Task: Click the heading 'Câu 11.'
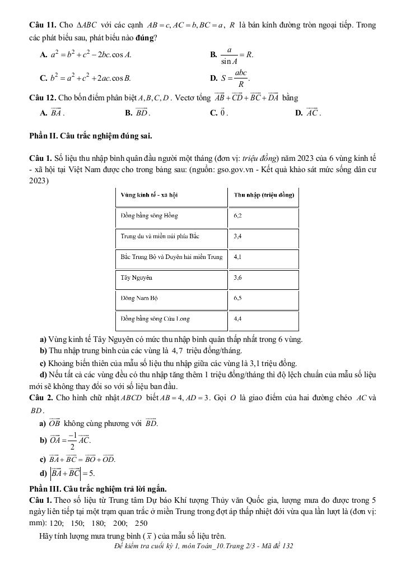(x=43, y=26)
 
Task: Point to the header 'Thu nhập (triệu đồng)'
(x=264, y=195)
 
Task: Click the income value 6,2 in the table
(x=238, y=215)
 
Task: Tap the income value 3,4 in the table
(x=238, y=236)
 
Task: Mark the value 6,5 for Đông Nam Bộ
(x=238, y=298)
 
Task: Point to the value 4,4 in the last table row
(x=238, y=319)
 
